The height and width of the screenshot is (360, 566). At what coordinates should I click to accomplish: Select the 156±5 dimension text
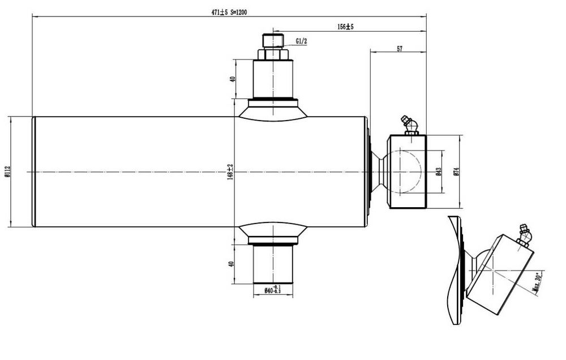click(345, 27)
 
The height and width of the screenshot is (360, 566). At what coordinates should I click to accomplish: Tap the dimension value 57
click(400, 49)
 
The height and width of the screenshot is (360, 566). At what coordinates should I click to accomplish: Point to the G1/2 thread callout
click(302, 41)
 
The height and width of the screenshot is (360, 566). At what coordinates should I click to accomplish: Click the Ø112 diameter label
click(6, 172)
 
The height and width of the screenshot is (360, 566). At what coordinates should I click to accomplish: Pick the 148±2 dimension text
click(230, 172)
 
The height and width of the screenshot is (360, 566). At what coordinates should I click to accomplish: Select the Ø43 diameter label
click(439, 172)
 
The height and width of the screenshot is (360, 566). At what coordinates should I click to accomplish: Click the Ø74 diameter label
click(456, 172)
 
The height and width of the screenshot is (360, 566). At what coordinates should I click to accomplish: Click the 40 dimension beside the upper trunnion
click(232, 79)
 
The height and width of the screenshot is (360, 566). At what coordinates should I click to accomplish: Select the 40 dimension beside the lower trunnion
click(232, 264)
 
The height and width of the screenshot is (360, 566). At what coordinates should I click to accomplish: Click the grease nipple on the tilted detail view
click(524, 235)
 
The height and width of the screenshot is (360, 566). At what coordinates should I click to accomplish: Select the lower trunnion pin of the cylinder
click(273, 264)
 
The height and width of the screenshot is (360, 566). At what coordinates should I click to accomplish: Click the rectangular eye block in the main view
click(406, 172)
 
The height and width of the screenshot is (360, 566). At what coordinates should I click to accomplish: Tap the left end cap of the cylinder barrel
click(34, 172)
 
